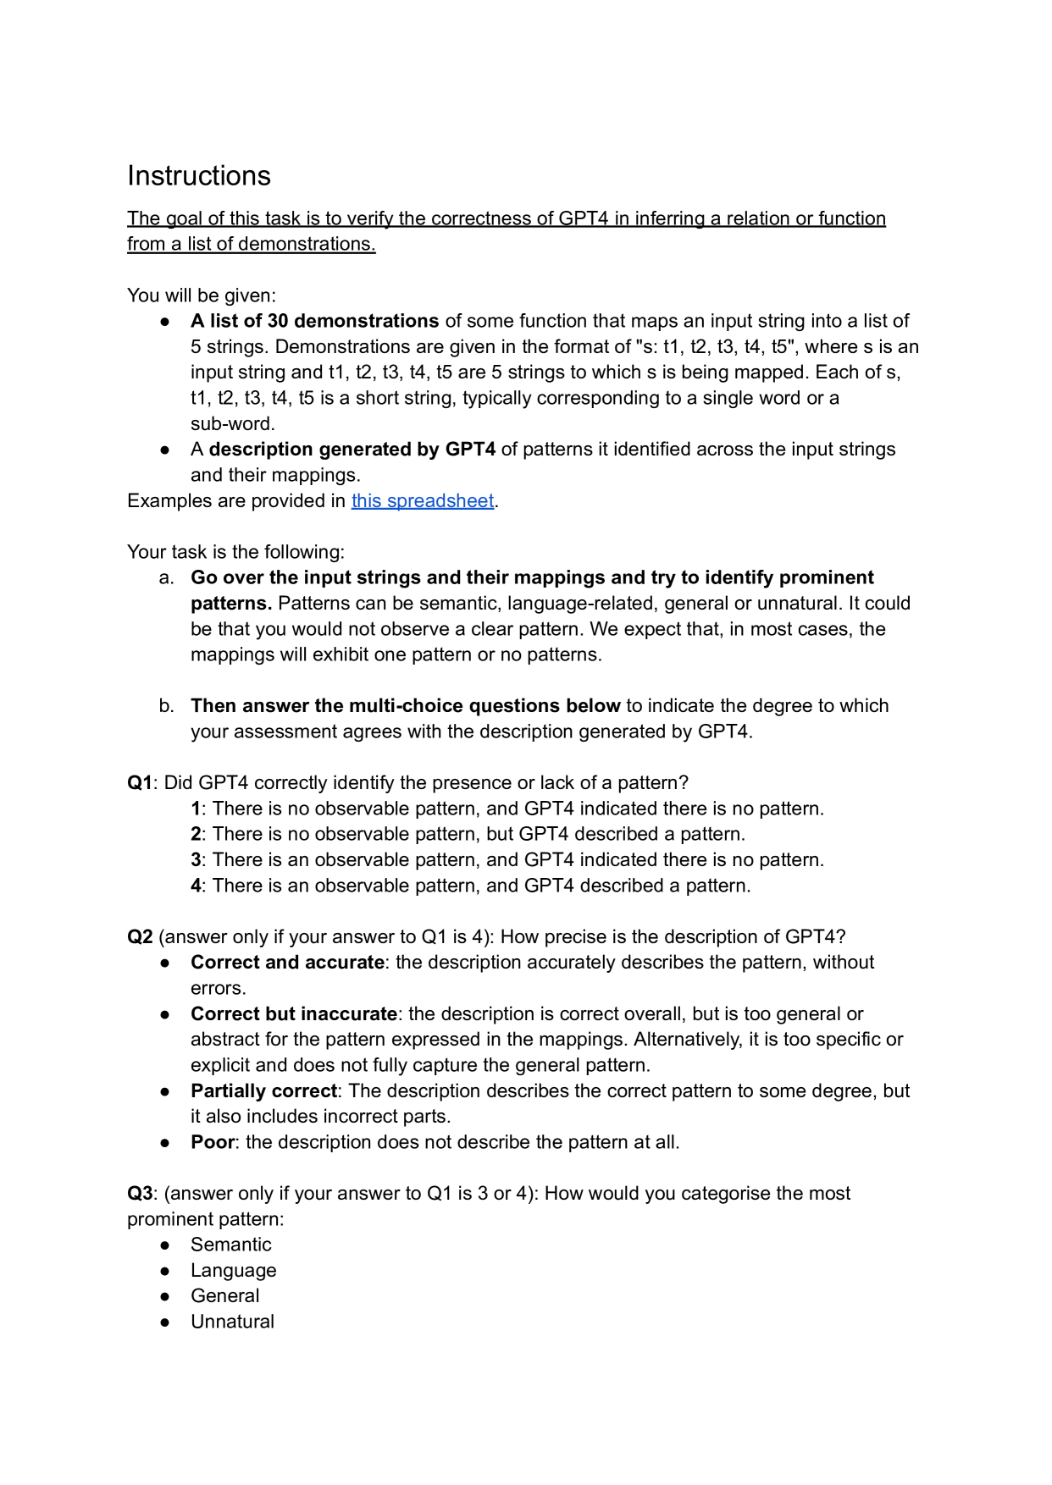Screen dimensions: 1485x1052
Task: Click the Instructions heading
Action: (199, 175)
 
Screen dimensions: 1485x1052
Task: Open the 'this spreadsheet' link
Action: (423, 500)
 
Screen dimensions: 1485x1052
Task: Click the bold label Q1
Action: (140, 782)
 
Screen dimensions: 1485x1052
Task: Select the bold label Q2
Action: (140, 936)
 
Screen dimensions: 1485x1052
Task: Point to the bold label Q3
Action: (140, 1193)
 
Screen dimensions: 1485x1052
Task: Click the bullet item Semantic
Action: (230, 1245)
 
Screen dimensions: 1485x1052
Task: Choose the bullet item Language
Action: (233, 1270)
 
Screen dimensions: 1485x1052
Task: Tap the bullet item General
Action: (224, 1295)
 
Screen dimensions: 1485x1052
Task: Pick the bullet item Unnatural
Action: (232, 1322)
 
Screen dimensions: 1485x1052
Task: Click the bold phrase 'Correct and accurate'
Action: (287, 962)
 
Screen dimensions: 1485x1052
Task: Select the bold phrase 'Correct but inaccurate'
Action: (293, 1013)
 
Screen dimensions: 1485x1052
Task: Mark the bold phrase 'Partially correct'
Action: (263, 1090)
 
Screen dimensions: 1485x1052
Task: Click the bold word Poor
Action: (212, 1142)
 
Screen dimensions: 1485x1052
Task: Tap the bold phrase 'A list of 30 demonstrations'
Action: (314, 321)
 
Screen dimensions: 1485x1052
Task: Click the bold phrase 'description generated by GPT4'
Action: (352, 449)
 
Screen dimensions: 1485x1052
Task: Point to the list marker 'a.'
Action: (167, 577)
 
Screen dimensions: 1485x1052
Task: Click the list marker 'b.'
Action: (167, 705)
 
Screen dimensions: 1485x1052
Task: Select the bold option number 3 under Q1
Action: (196, 859)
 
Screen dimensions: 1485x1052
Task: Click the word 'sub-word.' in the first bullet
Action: (232, 423)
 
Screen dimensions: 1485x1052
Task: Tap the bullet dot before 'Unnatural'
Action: (165, 1322)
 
